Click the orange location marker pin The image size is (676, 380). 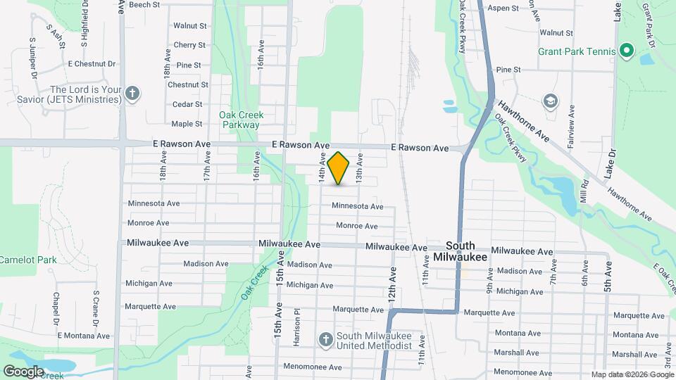pos(339,167)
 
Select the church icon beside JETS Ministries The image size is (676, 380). pos(132,94)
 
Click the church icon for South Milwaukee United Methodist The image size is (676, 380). pos(325,341)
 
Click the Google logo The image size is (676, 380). pos(24,371)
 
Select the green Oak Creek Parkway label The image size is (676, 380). pos(239,120)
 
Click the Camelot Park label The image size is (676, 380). pos(28,260)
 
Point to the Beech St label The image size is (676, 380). pos(144,4)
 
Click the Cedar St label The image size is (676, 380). pos(187,104)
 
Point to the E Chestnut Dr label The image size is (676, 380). pos(92,63)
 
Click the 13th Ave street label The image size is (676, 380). pos(359,169)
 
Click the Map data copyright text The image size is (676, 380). pos(632,374)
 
